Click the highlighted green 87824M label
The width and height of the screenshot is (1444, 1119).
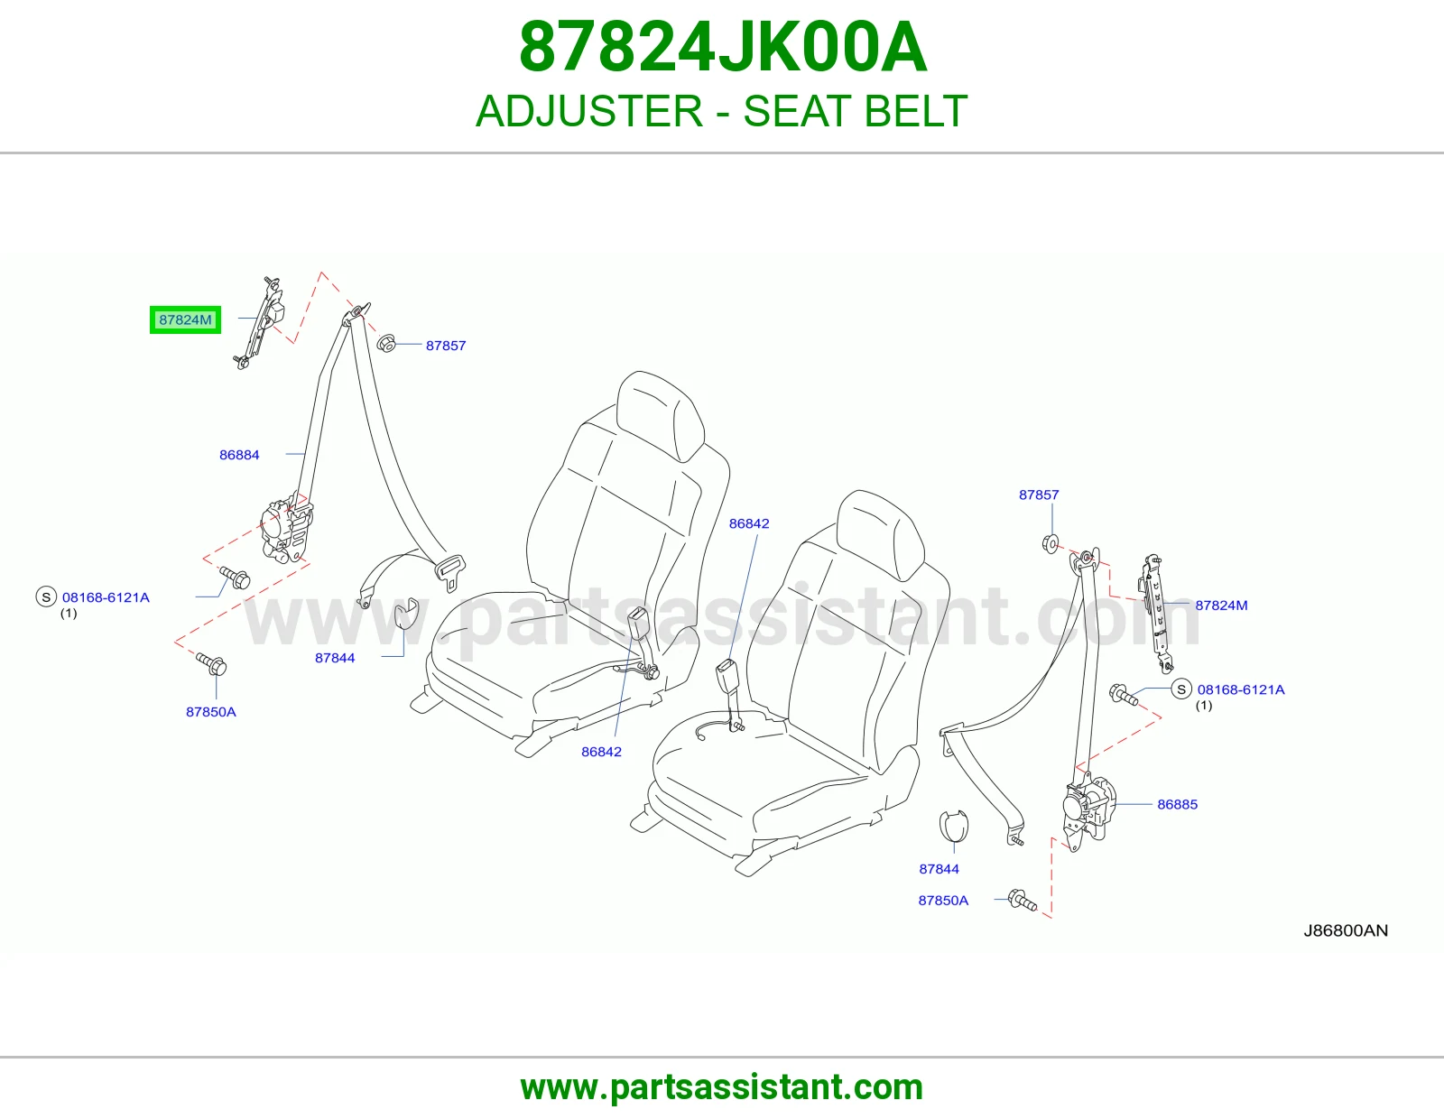[x=185, y=320]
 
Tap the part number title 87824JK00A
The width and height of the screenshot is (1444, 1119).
[x=722, y=48]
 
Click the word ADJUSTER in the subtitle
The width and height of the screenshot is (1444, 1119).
[x=589, y=111]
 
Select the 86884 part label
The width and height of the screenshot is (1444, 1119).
[x=239, y=455]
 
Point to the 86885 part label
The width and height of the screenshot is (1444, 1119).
[x=1177, y=805]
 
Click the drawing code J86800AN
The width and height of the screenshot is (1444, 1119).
[x=1346, y=930]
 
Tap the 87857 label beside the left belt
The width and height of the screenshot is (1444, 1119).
[x=446, y=346]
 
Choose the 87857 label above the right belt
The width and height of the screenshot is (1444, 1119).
[x=1039, y=495]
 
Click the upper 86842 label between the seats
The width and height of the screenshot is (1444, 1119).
[x=749, y=523]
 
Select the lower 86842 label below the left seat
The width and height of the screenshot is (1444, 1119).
[x=601, y=752]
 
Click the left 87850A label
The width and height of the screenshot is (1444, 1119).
[x=210, y=712]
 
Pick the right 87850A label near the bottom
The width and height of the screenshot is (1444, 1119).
[x=943, y=901]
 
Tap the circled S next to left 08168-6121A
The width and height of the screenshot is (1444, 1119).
[x=46, y=596]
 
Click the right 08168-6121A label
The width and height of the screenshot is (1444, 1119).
[x=1241, y=689]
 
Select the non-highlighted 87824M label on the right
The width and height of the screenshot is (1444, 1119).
[x=1221, y=606]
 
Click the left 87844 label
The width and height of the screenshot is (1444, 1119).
[x=335, y=658]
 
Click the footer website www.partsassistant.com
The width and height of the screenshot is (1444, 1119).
[x=722, y=1087]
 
